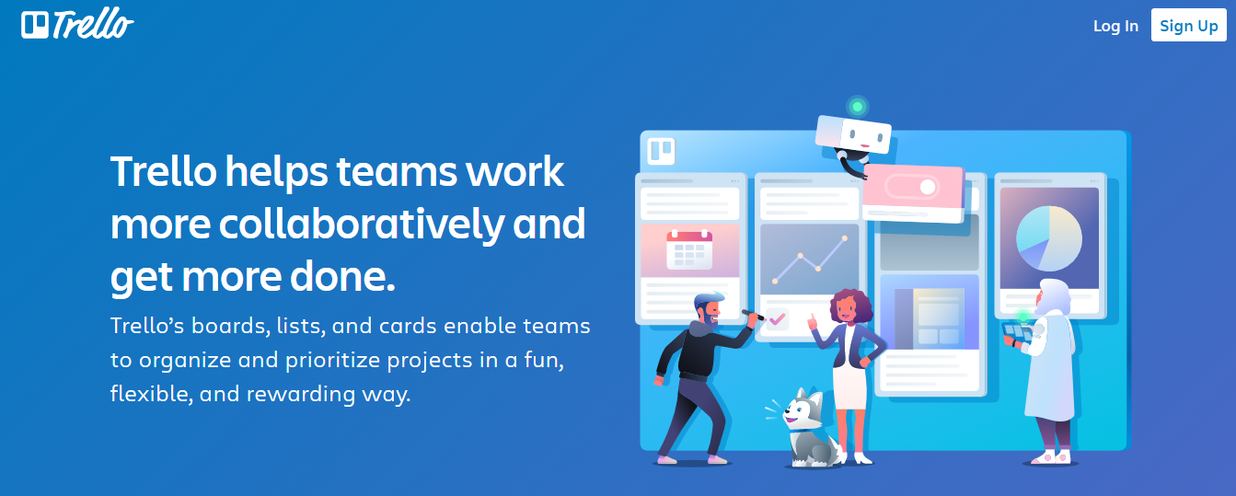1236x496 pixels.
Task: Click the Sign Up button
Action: [x=1188, y=26]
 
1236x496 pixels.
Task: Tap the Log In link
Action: [x=1115, y=26]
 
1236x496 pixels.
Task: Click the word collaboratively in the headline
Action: [x=362, y=225]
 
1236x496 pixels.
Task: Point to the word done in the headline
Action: [x=342, y=276]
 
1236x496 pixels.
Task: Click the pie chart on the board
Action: [x=1049, y=238]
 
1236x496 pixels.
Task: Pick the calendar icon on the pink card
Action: [x=689, y=250]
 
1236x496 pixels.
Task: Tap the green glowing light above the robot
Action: [x=857, y=107]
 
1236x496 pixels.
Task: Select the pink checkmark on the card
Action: [x=777, y=319]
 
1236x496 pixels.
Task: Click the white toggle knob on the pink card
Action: [x=928, y=187]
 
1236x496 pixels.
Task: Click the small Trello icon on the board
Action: [x=661, y=151]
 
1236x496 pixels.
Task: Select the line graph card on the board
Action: [x=809, y=260]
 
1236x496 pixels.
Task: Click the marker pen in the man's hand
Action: [x=753, y=315]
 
